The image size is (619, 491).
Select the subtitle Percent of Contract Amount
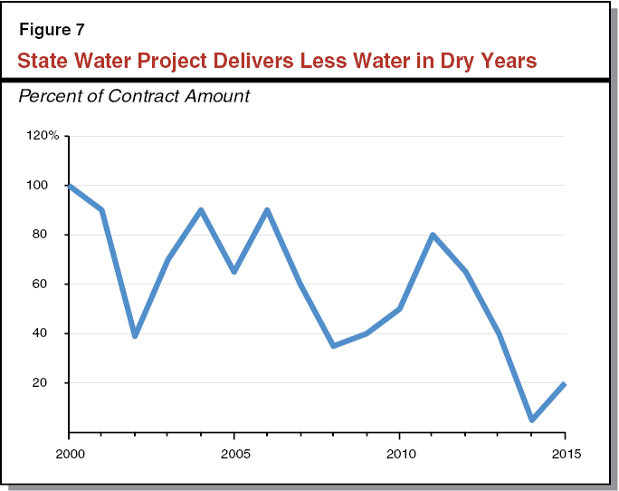click(134, 95)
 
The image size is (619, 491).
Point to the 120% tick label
click(44, 136)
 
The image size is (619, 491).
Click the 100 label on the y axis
click(49, 186)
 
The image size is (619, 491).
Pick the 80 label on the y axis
click(52, 235)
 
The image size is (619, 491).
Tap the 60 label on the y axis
click(52, 284)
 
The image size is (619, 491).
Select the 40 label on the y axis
click(52, 333)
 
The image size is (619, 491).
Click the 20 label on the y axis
click(52, 382)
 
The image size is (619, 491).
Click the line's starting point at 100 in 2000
click(70, 186)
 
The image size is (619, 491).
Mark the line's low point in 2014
click(532, 419)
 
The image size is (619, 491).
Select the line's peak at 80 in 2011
click(433, 235)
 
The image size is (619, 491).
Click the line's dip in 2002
click(135, 335)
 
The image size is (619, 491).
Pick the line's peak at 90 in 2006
click(267, 210)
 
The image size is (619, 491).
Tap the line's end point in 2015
click(565, 383)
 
